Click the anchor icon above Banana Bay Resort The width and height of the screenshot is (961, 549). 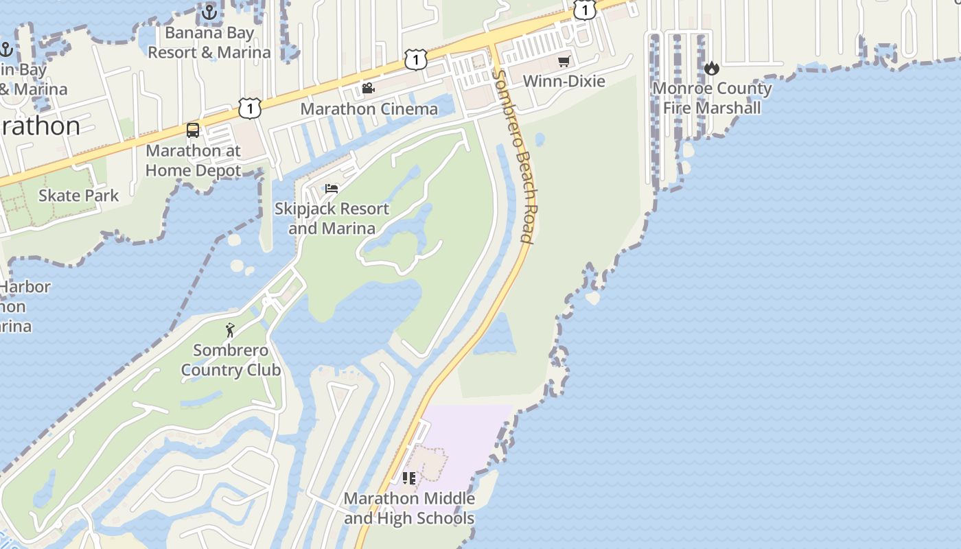click(x=209, y=12)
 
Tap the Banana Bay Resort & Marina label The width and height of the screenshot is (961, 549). click(x=209, y=43)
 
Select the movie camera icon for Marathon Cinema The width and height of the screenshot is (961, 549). click(x=368, y=89)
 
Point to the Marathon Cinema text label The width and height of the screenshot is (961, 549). click(x=369, y=109)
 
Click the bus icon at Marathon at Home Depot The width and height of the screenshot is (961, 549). click(x=193, y=130)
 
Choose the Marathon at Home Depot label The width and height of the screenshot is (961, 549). click(x=193, y=161)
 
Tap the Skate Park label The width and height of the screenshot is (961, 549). click(x=78, y=196)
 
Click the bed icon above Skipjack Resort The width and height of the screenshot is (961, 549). click(x=332, y=189)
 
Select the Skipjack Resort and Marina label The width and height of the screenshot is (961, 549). click(x=332, y=218)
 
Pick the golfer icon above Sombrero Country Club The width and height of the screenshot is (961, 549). click(x=230, y=330)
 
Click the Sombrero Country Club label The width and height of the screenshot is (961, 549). click(x=231, y=360)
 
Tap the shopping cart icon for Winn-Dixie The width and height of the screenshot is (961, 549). click(x=564, y=62)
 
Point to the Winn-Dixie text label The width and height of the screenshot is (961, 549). click(x=564, y=82)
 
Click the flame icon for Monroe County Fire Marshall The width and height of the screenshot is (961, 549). click(x=712, y=68)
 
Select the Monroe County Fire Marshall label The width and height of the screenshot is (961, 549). click(x=712, y=98)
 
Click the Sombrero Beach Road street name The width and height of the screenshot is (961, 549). click(x=515, y=156)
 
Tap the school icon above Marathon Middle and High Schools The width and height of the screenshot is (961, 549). click(x=409, y=478)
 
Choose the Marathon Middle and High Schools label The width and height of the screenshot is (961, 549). click(x=409, y=509)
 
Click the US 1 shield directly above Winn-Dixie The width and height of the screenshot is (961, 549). click(x=584, y=10)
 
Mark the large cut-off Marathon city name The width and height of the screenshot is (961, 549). click(x=40, y=126)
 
